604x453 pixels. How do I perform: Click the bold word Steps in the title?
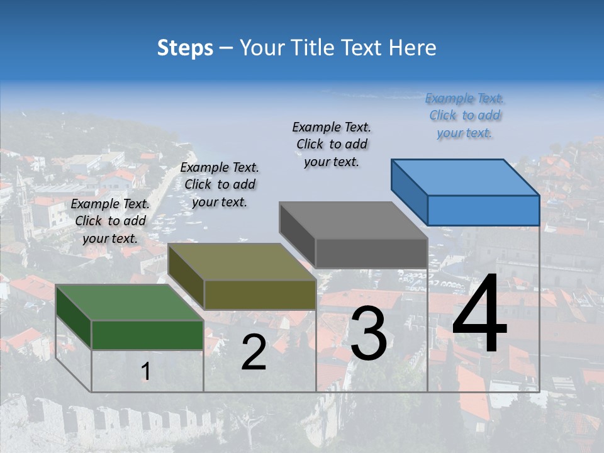coord(185,48)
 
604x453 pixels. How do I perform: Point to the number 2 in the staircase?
coord(254,352)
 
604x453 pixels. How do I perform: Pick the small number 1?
coord(145,372)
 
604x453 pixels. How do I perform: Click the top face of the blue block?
coord(464,177)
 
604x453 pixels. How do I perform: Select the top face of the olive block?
coord(242,262)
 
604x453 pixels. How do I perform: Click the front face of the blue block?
coord(483,210)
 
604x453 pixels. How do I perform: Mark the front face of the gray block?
coord(371,253)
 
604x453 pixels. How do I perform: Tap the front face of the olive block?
coord(260,294)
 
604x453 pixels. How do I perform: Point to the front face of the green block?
coord(147,335)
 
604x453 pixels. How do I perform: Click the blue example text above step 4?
coord(465,115)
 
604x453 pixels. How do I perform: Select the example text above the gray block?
coord(332,144)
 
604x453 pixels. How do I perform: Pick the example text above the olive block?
coord(220,184)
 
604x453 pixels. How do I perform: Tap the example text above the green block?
coord(110,221)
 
